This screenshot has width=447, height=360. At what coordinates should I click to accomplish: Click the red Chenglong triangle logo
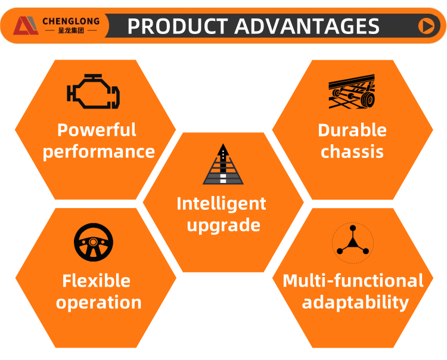click(26, 26)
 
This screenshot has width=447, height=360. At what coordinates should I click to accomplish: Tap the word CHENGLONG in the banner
click(71, 21)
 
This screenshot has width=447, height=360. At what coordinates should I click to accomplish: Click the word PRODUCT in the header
click(178, 26)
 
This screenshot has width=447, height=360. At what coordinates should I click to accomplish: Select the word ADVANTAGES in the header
click(307, 26)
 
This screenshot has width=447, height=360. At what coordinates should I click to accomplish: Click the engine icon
click(93, 91)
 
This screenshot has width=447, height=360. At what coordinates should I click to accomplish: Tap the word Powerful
click(97, 130)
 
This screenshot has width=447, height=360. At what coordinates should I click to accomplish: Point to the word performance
click(98, 152)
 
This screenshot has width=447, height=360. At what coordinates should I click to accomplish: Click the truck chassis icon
click(352, 91)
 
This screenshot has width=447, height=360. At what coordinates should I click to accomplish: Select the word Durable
click(352, 131)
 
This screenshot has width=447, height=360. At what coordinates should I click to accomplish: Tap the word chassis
click(352, 151)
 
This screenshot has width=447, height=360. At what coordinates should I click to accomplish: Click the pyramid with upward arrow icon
click(223, 164)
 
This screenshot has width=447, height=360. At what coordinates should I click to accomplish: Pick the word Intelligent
click(222, 204)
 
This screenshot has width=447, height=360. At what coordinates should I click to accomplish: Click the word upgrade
click(223, 226)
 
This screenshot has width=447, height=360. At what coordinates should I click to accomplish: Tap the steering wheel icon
click(94, 242)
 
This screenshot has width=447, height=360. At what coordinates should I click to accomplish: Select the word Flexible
click(97, 281)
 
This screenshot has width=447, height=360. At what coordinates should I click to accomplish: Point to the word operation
click(98, 303)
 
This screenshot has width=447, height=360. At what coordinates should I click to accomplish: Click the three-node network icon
click(353, 243)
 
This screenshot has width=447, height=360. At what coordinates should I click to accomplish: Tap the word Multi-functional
click(353, 281)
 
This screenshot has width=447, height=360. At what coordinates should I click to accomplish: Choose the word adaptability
click(355, 303)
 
